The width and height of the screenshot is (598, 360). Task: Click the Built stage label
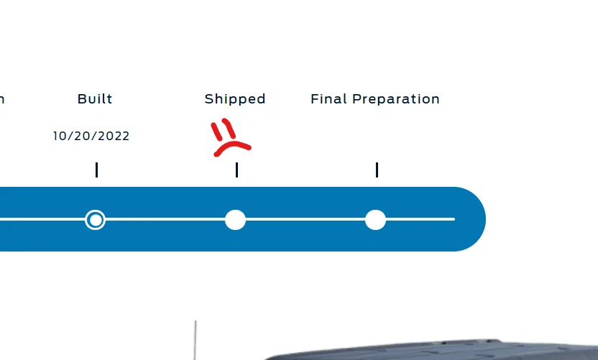pyautogui.click(x=95, y=98)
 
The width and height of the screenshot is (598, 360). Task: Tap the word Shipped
pyautogui.click(x=235, y=99)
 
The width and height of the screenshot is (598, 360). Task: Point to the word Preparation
pyautogui.click(x=396, y=99)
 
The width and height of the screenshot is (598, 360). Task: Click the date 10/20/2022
pyautogui.click(x=91, y=136)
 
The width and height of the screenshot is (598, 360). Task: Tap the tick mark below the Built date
pyautogui.click(x=97, y=170)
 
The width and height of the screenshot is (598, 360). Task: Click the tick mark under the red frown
pyautogui.click(x=237, y=170)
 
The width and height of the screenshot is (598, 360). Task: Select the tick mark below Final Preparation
pyautogui.click(x=377, y=170)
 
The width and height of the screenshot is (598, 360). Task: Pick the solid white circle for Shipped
pyautogui.click(x=235, y=220)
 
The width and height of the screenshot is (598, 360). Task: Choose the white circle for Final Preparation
pyautogui.click(x=375, y=220)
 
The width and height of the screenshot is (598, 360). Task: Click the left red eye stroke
pyautogui.click(x=216, y=131)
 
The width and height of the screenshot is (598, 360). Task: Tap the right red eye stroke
pyautogui.click(x=229, y=128)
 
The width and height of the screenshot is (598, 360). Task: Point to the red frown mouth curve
pyautogui.click(x=231, y=144)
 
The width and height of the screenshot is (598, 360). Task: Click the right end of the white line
pyautogui.click(x=454, y=219)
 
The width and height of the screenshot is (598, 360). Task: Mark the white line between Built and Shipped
pyautogui.click(x=165, y=219)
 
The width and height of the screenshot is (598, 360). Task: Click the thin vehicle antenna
pyautogui.click(x=195, y=340)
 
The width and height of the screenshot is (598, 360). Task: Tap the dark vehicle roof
pyautogui.click(x=431, y=349)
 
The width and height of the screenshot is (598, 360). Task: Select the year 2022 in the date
pyautogui.click(x=114, y=136)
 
